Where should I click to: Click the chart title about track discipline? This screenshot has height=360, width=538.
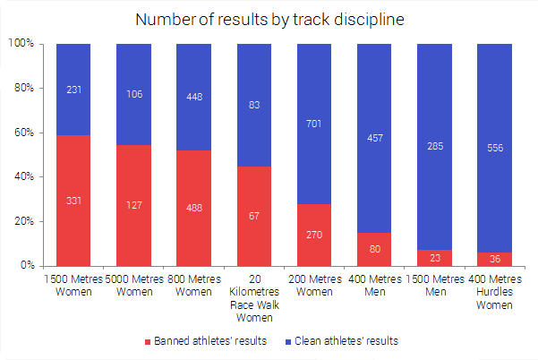269,19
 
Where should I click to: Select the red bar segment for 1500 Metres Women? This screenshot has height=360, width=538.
73,201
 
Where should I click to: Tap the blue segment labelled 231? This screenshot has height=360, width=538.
73,90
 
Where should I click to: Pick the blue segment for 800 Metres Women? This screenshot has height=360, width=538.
193,97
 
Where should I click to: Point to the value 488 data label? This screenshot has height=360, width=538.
193,207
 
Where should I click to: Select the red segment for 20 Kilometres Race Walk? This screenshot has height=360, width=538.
253,216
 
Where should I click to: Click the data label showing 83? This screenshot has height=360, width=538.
253,105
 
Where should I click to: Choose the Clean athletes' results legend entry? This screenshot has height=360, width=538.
344,341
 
